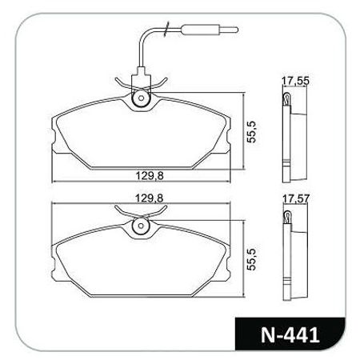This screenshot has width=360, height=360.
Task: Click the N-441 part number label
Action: click(290, 334)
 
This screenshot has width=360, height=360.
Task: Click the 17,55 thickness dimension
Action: click(296, 81)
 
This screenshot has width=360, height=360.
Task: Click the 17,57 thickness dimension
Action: click(296, 198)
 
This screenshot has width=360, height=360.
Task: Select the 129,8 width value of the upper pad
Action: click(150, 175)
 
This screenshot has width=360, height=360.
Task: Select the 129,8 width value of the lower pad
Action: click(150, 198)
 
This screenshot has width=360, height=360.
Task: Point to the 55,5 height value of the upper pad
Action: click(251, 132)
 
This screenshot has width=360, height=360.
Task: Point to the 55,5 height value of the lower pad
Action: click(251, 259)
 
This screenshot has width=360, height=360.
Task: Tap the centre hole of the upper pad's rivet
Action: click(142, 98)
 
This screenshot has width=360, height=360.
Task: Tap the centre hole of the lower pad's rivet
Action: click(142, 226)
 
